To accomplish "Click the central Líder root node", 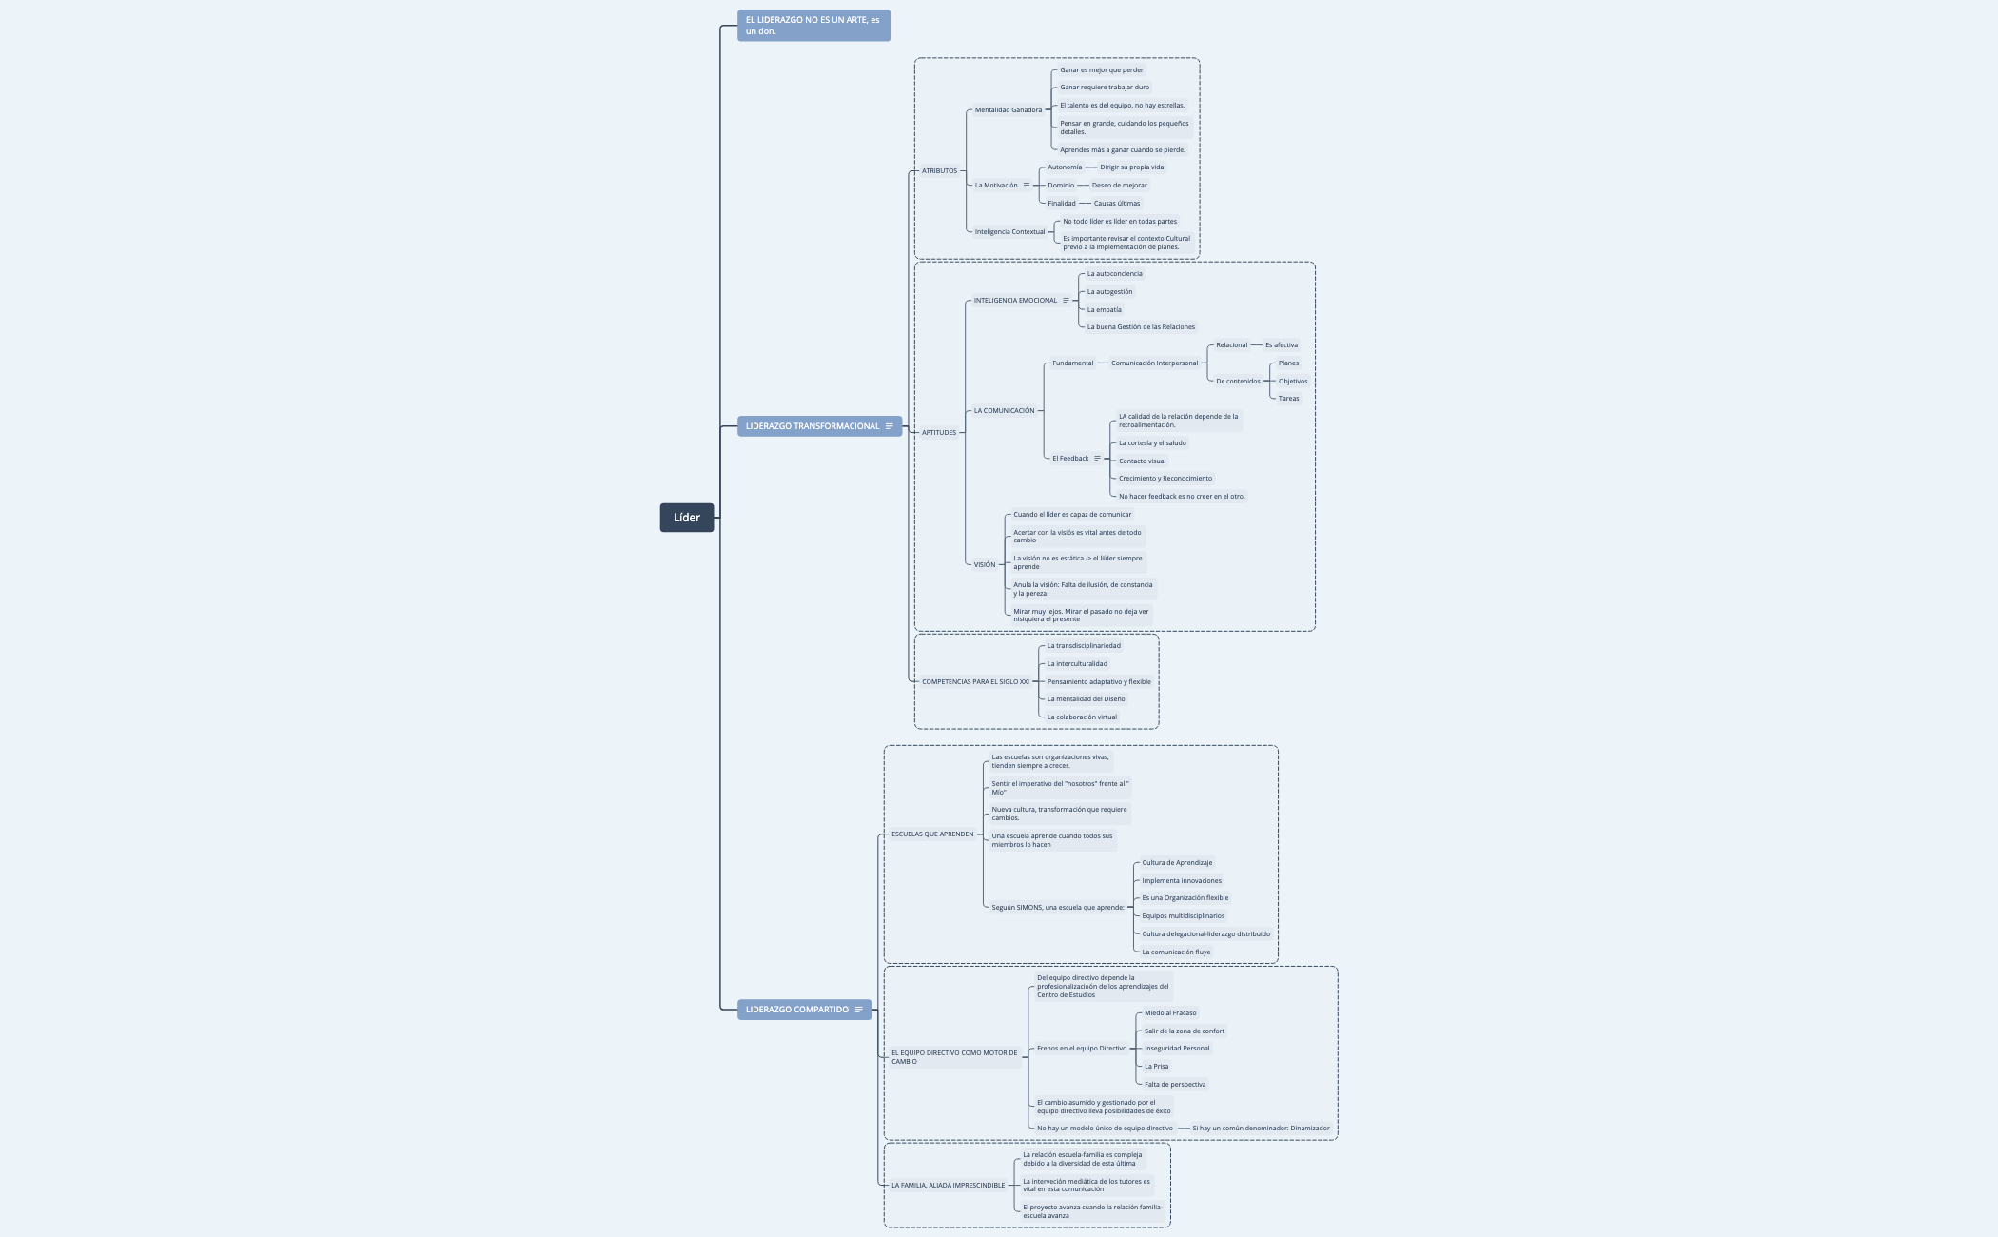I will coord(686,518).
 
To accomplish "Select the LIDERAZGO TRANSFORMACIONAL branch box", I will coord(812,426).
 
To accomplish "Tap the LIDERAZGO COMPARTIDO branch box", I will coord(796,1010).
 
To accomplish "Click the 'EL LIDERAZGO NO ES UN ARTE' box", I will coord(813,26).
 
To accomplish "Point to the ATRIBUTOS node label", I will coord(939,171).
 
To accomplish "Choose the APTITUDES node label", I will coord(938,433).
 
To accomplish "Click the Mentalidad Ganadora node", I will coord(1008,110).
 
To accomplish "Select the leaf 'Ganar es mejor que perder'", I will coord(1101,70).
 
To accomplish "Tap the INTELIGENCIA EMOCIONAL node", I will coord(1014,301).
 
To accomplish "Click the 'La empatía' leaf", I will coord(1104,310).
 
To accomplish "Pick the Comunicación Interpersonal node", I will coord(1154,363).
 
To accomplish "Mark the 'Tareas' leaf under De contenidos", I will coord(1288,399).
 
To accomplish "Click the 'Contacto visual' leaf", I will coord(1142,461).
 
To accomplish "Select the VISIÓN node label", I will coord(984,565).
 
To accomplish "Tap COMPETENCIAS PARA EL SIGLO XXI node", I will coord(974,682).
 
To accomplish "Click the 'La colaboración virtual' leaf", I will coord(1082,717).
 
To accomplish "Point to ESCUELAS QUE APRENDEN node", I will coord(931,834).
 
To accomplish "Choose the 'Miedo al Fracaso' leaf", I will coord(1169,1013).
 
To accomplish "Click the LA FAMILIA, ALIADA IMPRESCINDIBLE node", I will coord(948,1186).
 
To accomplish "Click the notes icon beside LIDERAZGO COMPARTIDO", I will coord(859,1010).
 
